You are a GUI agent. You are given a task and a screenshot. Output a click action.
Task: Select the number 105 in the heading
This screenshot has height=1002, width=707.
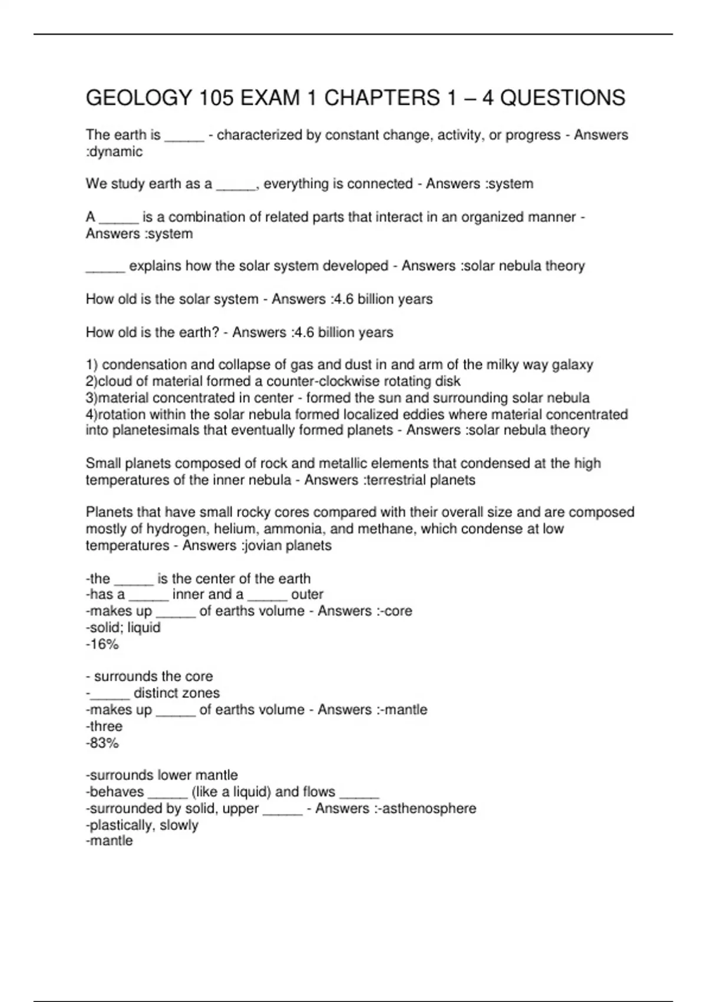pyautogui.click(x=216, y=98)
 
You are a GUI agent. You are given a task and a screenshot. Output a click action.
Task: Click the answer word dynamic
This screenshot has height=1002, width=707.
pyautogui.click(x=117, y=152)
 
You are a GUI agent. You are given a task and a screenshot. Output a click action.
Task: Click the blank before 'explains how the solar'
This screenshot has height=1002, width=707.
pyautogui.click(x=105, y=266)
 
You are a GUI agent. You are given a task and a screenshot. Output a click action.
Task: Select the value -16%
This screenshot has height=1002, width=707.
pyautogui.click(x=103, y=644)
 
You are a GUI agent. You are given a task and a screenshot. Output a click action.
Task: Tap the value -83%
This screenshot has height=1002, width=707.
pyautogui.click(x=103, y=743)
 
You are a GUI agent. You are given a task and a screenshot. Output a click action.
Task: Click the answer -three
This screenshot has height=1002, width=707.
pyautogui.click(x=104, y=726)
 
